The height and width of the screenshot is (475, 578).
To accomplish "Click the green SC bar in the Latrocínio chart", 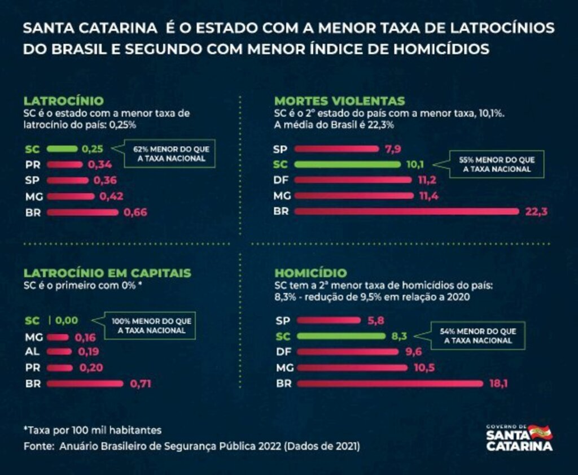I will (x=62, y=149).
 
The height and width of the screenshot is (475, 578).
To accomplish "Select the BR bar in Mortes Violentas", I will (x=406, y=212).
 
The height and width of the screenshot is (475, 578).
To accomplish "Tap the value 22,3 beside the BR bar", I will (x=536, y=212).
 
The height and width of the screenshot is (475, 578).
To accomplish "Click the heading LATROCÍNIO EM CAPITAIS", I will (x=107, y=273).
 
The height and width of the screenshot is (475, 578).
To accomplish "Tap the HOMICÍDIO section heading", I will (x=310, y=273).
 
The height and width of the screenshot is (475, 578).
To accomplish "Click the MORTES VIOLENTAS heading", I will (x=340, y=101).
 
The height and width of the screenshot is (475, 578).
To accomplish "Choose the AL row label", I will (x=32, y=352).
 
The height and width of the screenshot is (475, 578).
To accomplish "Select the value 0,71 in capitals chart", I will (x=141, y=384).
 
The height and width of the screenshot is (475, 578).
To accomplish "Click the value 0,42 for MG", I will (x=111, y=197).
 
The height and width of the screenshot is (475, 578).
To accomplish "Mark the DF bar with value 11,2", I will (x=353, y=180).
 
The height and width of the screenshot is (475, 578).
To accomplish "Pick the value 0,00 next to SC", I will (x=66, y=320).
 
